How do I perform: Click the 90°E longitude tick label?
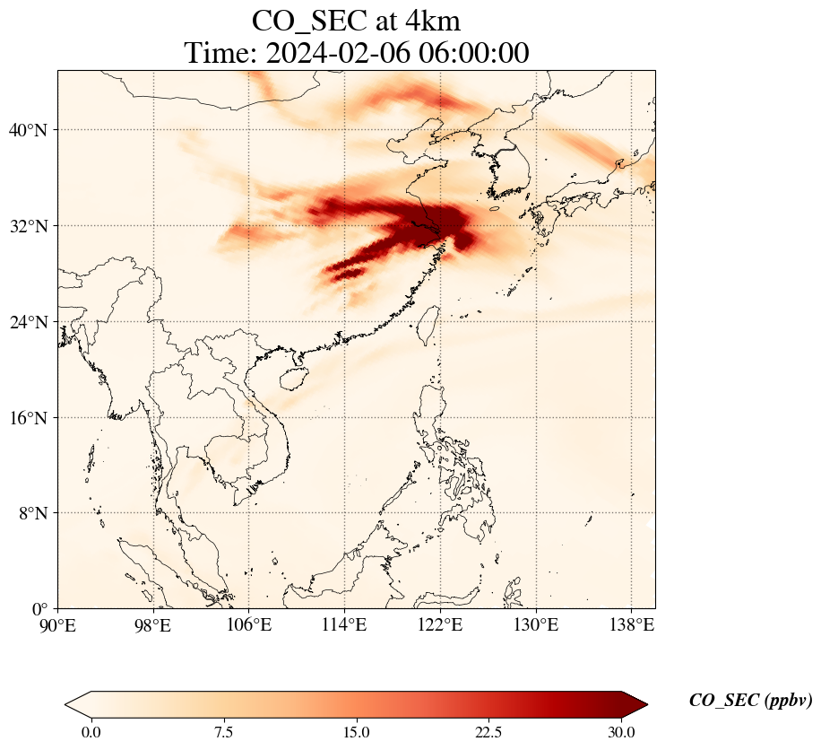tap(58, 624)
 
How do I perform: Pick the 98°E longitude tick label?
tap(153, 624)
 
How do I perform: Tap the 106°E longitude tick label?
tap(248, 624)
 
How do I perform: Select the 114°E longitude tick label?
tap(344, 624)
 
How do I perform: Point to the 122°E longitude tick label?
tap(439, 624)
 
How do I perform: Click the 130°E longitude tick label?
tap(535, 624)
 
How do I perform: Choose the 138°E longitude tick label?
tap(630, 624)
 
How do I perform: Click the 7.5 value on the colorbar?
tap(224, 732)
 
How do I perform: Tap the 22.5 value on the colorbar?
tap(488, 732)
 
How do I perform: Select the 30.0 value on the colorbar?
tap(621, 732)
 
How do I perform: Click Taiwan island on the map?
tap(428, 319)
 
